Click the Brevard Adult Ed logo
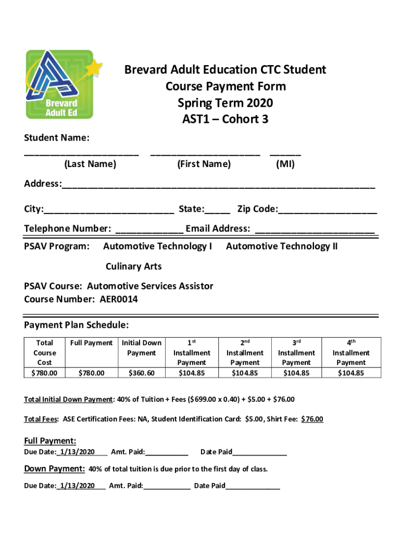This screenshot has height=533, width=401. click(x=59, y=84)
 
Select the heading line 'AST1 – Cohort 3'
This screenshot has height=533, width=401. click(x=225, y=119)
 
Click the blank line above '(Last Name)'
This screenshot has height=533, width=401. click(x=82, y=153)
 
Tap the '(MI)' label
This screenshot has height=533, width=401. click(x=285, y=164)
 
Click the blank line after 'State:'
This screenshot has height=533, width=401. click(x=217, y=210)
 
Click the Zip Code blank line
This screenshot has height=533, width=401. click(x=328, y=210)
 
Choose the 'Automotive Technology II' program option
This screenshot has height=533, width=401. click(x=282, y=246)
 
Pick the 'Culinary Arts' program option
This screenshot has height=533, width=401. click(x=134, y=266)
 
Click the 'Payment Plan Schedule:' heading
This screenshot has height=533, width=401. click(x=77, y=325)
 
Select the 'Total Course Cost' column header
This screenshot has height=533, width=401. click(x=44, y=352)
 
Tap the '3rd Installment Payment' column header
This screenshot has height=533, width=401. click(x=296, y=352)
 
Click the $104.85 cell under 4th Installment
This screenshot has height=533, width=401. click(x=351, y=373)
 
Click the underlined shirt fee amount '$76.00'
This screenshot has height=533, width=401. click(x=312, y=419)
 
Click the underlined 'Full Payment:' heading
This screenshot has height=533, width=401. click(x=51, y=441)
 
